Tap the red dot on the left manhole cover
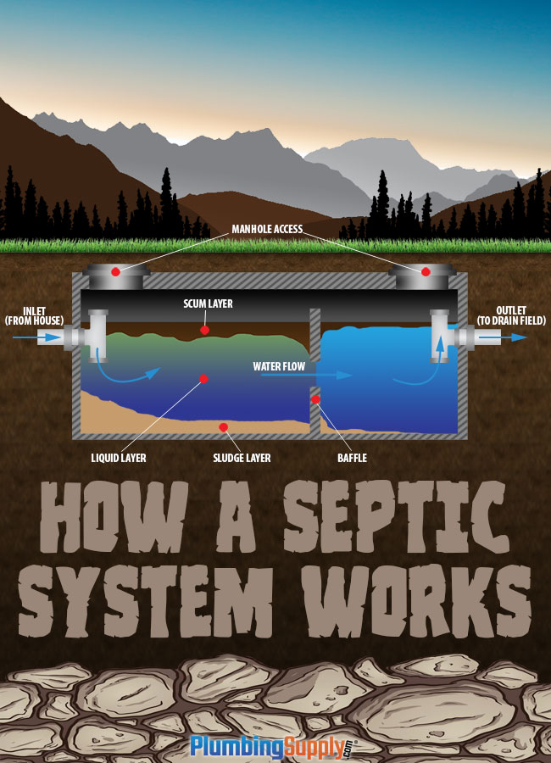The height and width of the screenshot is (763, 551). (x=116, y=271)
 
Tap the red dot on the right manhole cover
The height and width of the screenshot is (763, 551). (x=426, y=271)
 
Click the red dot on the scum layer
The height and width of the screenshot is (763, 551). (x=204, y=329)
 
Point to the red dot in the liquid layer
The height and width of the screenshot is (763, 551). (x=203, y=379)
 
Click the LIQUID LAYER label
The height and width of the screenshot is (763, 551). (x=118, y=458)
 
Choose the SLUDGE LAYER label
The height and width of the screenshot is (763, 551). (x=241, y=458)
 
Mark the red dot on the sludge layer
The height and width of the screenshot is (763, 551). (x=224, y=426)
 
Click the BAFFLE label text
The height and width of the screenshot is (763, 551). (x=353, y=458)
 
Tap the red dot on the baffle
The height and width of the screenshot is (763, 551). (x=315, y=399)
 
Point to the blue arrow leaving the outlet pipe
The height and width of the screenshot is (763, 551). (x=513, y=337)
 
